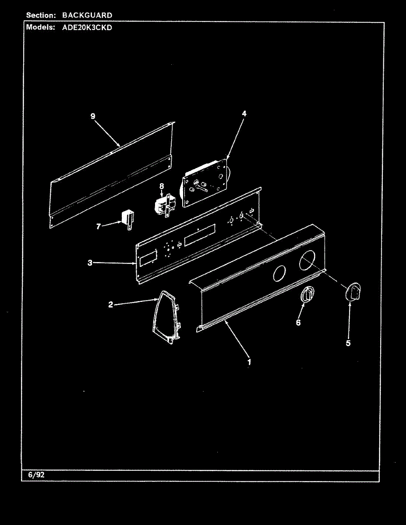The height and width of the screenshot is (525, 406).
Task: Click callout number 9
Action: coord(93,116)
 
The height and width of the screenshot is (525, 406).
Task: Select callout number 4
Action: coord(244,113)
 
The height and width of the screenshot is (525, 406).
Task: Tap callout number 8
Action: coord(162,186)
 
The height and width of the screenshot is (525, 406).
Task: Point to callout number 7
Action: coord(99,226)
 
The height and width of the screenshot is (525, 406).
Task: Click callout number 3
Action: coord(90,263)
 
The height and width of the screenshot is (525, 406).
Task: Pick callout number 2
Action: coord(111,304)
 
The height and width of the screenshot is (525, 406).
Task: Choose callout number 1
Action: coord(249,362)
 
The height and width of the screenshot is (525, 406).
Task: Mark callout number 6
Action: coord(298,322)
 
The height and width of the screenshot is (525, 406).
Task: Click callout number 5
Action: coord(348,343)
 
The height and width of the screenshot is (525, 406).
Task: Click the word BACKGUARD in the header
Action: coord(87,15)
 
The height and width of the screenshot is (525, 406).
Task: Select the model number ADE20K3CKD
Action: coord(85,27)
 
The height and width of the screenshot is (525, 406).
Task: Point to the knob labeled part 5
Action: coord(353,292)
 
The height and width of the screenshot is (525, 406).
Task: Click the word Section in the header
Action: coord(41,15)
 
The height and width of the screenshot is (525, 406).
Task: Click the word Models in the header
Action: coord(40,27)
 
